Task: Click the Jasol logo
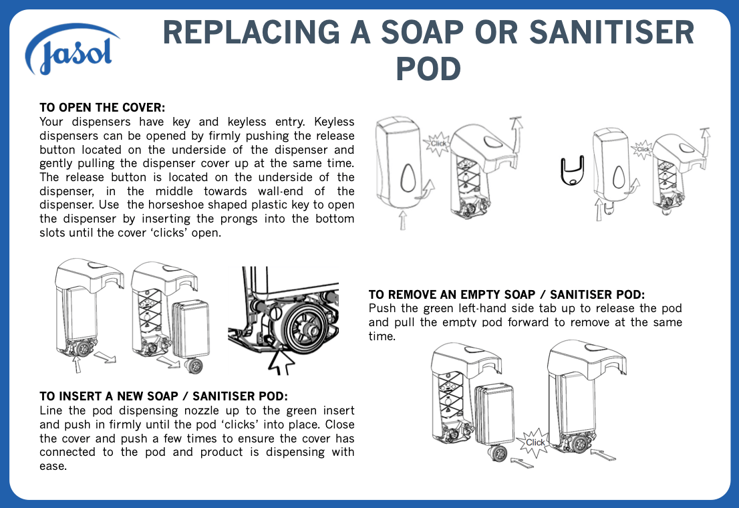click(x=71, y=49)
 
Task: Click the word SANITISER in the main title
click(x=611, y=32)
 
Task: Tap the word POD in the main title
click(x=428, y=69)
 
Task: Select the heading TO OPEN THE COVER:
click(x=102, y=108)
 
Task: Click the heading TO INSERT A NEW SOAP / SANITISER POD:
click(x=164, y=396)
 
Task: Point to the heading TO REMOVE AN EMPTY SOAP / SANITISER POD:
click(x=506, y=295)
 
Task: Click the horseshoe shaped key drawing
click(x=572, y=170)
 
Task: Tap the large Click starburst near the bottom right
click(x=535, y=442)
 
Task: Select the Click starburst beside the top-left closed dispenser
click(x=438, y=144)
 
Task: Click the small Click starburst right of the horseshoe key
click(x=642, y=149)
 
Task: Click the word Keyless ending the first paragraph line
click(x=334, y=122)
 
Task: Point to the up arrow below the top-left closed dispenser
click(x=403, y=220)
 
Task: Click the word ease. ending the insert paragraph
click(x=53, y=467)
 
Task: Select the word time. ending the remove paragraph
click(x=382, y=336)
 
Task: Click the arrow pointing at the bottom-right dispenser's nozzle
click(x=603, y=455)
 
